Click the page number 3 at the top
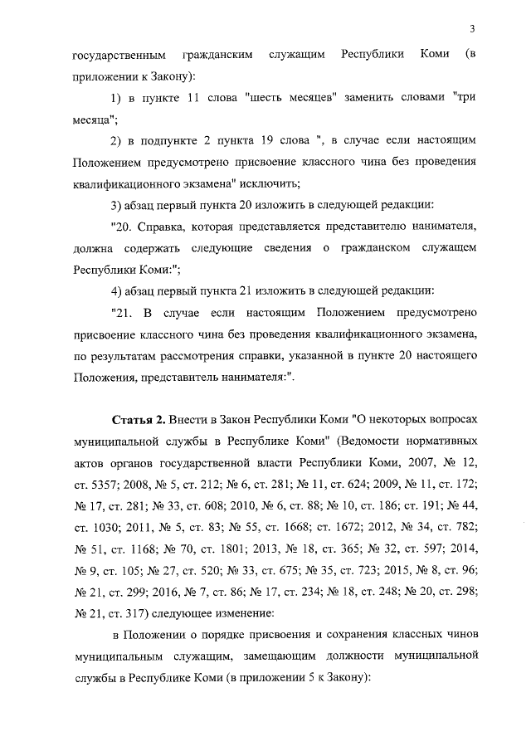tap(471, 30)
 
